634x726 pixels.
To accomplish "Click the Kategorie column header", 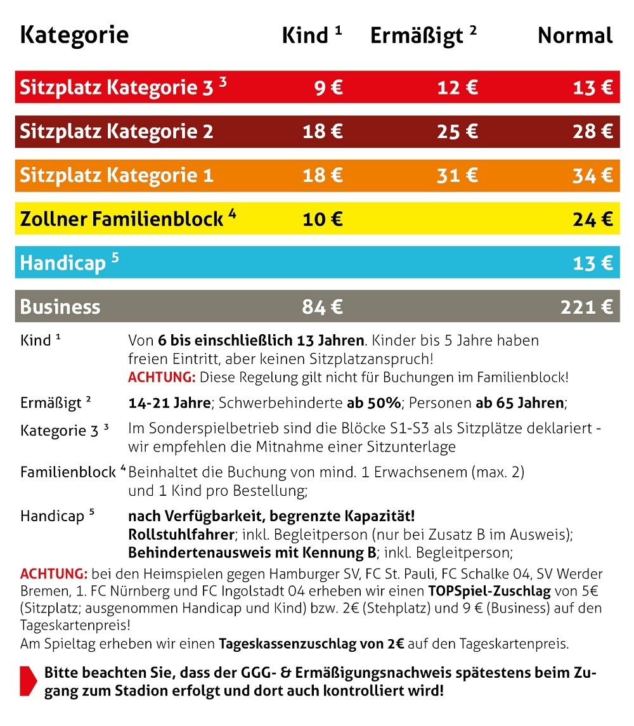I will [x=74, y=36].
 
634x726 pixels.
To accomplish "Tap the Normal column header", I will [x=575, y=36].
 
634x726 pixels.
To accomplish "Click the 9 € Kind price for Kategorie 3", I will [x=328, y=88].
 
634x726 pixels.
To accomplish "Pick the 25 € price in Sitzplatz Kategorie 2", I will [x=457, y=132].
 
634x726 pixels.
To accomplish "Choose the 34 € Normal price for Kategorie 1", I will [x=592, y=176].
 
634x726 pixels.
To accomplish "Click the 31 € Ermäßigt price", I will [x=457, y=176].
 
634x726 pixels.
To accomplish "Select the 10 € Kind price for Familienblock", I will [x=323, y=219].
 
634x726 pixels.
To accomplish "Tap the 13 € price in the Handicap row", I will [x=592, y=263].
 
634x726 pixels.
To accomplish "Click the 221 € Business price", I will [x=586, y=307].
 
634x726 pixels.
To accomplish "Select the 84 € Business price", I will [x=323, y=307].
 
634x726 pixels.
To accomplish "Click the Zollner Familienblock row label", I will [x=122, y=219].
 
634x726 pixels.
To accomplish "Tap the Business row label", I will [x=60, y=307].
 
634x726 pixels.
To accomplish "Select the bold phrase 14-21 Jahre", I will [x=169, y=402].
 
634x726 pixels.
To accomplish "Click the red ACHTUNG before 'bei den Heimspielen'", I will [x=54, y=574].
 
